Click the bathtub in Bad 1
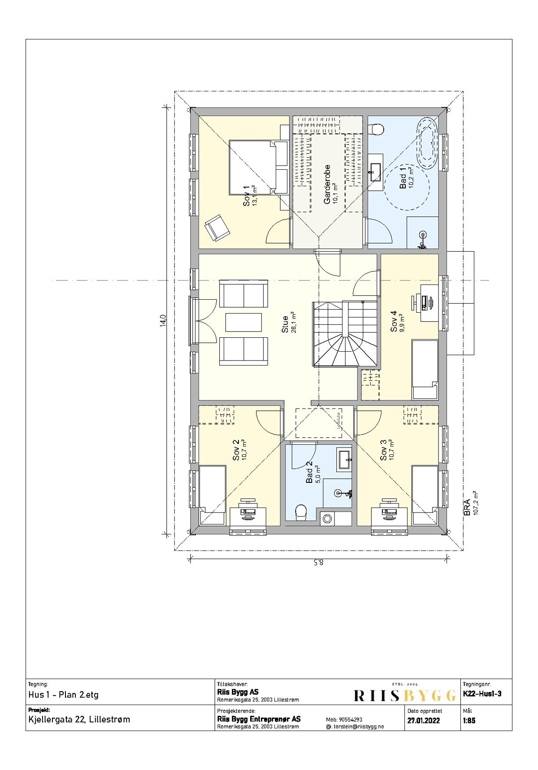coord(427,143)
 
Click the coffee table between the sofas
coord(243,323)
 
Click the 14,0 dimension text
coord(163,321)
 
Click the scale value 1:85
coord(469,721)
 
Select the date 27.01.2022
coord(423,721)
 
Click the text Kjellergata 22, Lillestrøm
coord(79,720)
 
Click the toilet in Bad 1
coord(376,129)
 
